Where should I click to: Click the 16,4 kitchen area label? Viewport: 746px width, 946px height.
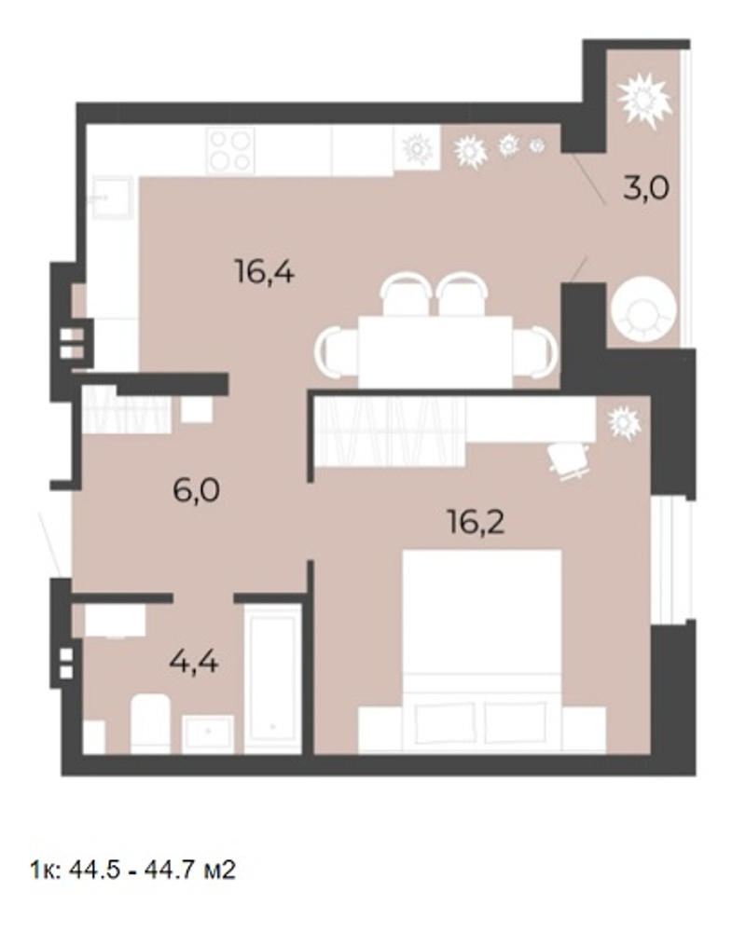pos(265,272)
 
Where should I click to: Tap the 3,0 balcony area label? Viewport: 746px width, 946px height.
pos(646,188)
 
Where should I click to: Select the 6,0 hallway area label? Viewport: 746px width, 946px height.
pos(196,490)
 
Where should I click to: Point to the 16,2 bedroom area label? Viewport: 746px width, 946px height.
pos(477,522)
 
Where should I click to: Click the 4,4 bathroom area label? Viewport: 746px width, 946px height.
pos(194,663)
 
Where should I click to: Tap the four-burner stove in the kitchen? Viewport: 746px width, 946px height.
pos(230,151)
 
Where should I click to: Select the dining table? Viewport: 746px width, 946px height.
pos(435,351)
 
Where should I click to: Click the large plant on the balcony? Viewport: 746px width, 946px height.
pos(644,100)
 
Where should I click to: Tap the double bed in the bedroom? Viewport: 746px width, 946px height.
pos(482,651)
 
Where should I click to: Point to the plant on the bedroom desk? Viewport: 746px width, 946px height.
pos(624,422)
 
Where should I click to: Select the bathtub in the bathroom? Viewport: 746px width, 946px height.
pos(273,679)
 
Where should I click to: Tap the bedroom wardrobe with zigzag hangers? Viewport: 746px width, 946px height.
pos(390,431)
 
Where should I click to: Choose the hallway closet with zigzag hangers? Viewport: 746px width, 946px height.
pos(127,410)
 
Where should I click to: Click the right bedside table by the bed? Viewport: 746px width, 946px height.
pos(584,730)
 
